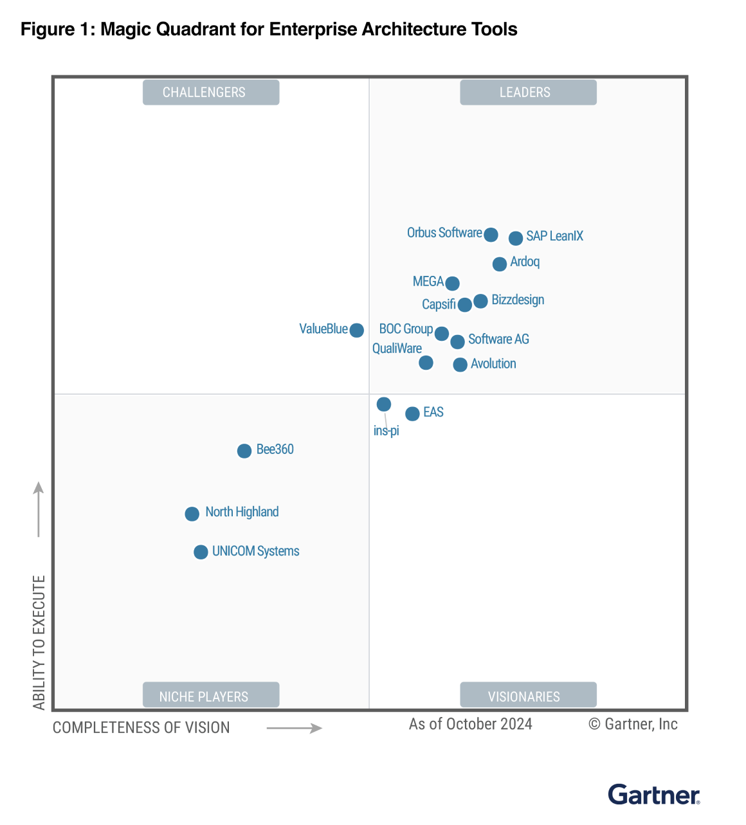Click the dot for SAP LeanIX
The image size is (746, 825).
click(515, 239)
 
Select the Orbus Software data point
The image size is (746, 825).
click(491, 235)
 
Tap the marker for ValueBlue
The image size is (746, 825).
click(356, 330)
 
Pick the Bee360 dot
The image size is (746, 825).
click(244, 451)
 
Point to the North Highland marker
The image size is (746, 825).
click(192, 514)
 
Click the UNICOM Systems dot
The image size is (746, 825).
click(201, 552)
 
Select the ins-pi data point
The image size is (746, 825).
click(383, 404)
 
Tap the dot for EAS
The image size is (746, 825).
click(412, 413)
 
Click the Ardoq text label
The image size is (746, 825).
click(525, 262)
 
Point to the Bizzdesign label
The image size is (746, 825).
click(518, 300)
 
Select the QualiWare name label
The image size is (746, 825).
click(397, 349)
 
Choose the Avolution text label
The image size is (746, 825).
click(493, 364)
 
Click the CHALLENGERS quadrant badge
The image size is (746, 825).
click(211, 93)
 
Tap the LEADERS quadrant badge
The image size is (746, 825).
click(528, 93)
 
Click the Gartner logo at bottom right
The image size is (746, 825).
click(653, 795)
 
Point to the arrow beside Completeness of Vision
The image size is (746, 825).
click(294, 728)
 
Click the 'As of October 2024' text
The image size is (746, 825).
click(470, 724)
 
